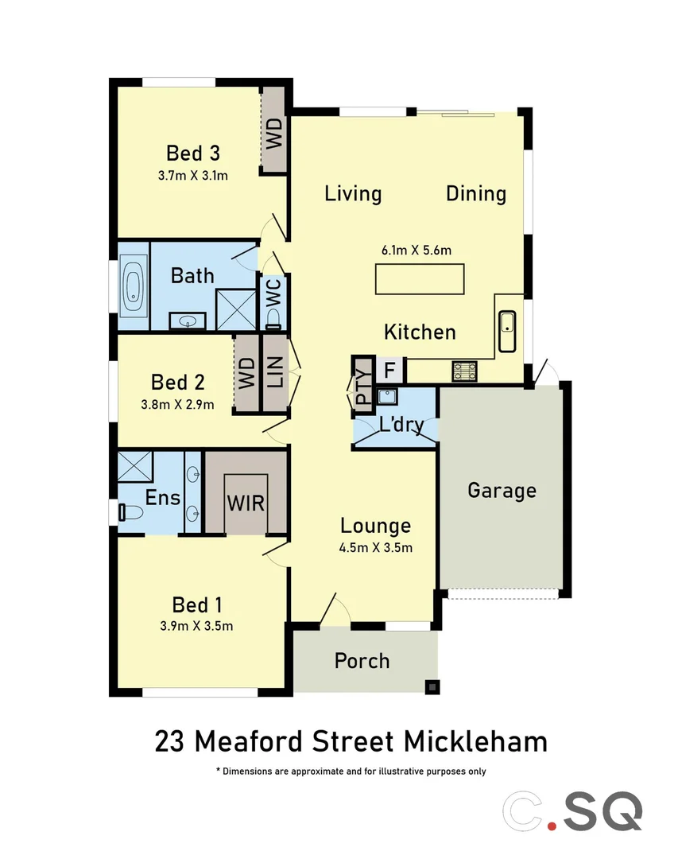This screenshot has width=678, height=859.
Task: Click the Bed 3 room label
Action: coord(192,152)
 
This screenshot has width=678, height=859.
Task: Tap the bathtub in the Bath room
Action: coord(134,286)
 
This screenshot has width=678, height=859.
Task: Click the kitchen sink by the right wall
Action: coord(506,332)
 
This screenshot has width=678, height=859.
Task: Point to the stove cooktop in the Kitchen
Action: coord(463,371)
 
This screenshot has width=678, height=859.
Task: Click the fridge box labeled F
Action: coord(389,371)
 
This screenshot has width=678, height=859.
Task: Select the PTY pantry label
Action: coord(363,384)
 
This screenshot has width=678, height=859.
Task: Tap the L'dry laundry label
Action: coord(401,425)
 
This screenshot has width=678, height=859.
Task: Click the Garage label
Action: coord(502,490)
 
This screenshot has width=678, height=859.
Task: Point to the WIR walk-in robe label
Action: coord(246,503)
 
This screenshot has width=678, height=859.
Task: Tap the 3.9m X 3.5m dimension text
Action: coord(196,626)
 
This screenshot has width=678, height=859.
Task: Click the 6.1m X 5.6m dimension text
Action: coord(416,250)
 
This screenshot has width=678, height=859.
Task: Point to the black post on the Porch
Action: coord(432,686)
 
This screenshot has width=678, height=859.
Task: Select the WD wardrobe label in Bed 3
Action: coord(273,134)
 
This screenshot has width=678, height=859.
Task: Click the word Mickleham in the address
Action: coord(476,741)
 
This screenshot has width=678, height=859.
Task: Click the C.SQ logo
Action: coord(571,810)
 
